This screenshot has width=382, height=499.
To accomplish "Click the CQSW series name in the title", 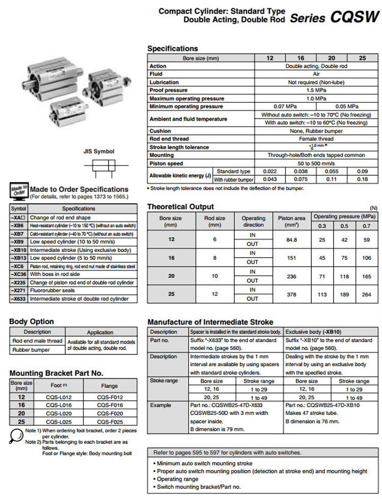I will (354, 17).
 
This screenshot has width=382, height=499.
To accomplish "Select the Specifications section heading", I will (172, 48).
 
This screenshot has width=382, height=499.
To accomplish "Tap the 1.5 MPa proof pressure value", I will (316, 90).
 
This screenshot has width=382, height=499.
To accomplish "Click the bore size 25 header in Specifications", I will (362, 58).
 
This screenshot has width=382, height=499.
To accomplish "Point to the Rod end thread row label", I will (169, 139).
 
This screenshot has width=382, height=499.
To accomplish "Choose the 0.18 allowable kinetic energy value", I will (362, 180).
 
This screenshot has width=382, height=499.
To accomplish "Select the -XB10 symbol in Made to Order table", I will (19, 250).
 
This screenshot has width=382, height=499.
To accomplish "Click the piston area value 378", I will (292, 294).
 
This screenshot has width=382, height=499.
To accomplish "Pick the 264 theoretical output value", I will (366, 294).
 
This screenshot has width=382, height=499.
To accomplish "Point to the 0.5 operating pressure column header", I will (344, 226).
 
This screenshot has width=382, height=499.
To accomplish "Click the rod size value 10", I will (215, 275).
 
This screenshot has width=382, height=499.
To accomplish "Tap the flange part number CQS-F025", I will (111, 422).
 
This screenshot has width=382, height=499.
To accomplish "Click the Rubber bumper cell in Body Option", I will (31, 350).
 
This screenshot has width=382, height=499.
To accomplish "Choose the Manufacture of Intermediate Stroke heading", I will (210, 322).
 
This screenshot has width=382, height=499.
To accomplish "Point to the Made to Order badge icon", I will (19, 191).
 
